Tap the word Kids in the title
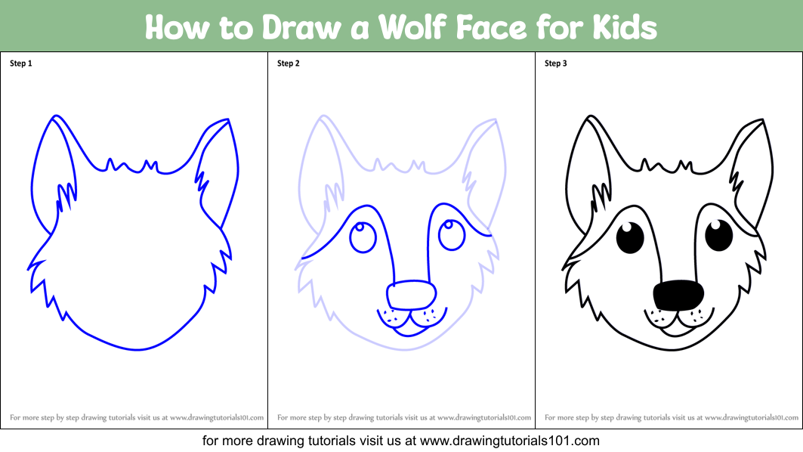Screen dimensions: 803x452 625,27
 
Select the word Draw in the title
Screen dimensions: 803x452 301,27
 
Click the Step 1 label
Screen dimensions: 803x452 21,63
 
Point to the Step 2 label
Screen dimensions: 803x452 289,63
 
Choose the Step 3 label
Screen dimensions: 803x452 556,63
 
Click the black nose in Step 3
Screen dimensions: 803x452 678,296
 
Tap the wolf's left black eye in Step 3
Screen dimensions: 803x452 630,238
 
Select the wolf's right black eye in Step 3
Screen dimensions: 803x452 719,235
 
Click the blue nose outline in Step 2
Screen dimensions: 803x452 411,296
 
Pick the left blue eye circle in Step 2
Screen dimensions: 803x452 363,237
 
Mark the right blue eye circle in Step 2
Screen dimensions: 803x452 452,235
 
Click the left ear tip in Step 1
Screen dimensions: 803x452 55,116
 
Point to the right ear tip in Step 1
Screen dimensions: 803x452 228,120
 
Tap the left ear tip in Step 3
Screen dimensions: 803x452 590,116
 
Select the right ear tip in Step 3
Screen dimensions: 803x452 762,120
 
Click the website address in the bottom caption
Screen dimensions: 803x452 510,441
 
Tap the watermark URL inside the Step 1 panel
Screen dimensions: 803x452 217,418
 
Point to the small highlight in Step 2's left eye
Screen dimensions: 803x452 360,227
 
